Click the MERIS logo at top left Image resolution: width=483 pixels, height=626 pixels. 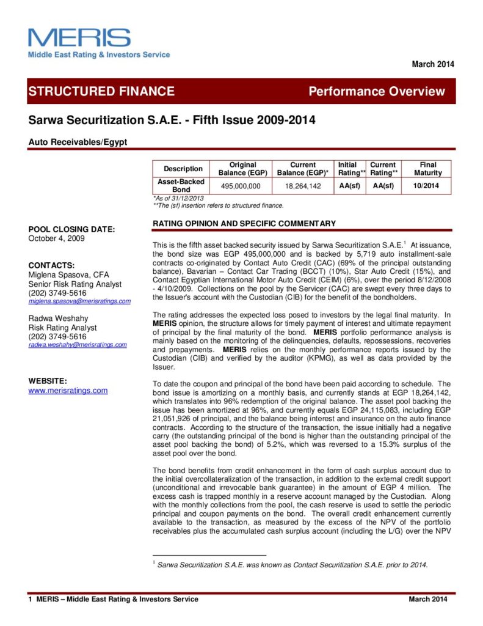(79, 38)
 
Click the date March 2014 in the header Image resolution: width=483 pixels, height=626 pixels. (433, 64)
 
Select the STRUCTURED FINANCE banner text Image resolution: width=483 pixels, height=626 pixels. (101, 92)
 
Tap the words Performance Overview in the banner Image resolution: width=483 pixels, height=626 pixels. (377, 92)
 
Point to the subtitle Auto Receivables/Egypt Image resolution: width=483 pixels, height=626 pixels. (78, 142)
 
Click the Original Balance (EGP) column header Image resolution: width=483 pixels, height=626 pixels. (242, 169)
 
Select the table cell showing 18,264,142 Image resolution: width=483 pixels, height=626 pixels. (302, 186)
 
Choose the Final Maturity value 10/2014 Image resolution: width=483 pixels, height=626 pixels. (427, 186)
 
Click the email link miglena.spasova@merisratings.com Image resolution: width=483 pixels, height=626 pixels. (80, 301)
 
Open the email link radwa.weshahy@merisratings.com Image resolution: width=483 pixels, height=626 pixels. (78, 345)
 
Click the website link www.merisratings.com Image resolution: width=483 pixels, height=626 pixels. (68, 390)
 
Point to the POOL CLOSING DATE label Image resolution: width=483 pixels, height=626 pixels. (71, 229)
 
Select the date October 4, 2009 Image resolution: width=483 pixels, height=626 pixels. (57, 238)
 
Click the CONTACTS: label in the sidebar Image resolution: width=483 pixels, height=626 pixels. (52, 265)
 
